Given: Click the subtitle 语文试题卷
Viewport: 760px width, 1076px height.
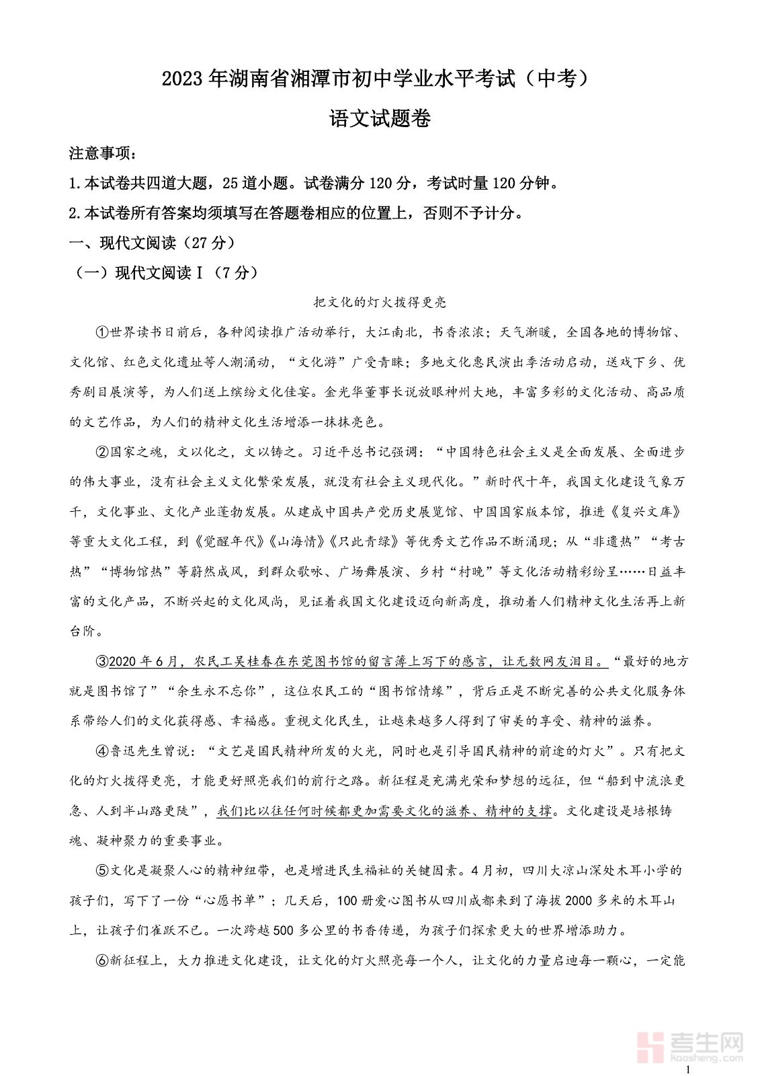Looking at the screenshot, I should coord(380,118).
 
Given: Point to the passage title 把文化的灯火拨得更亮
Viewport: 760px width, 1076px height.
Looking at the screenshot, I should coord(380,303).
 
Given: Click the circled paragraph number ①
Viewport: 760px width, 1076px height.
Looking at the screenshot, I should coord(102,332).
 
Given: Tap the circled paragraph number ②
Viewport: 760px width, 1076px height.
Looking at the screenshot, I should coord(102,452).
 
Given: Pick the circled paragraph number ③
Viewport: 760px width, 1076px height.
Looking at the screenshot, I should coord(102,661).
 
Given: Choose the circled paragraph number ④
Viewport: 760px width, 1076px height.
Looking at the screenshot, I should coord(102,751).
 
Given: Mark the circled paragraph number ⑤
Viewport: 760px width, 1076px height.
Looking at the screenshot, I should coord(102,870).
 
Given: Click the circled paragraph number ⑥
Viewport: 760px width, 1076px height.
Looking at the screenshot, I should coord(102,960).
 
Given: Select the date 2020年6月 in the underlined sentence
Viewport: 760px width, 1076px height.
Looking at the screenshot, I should coord(142,661).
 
